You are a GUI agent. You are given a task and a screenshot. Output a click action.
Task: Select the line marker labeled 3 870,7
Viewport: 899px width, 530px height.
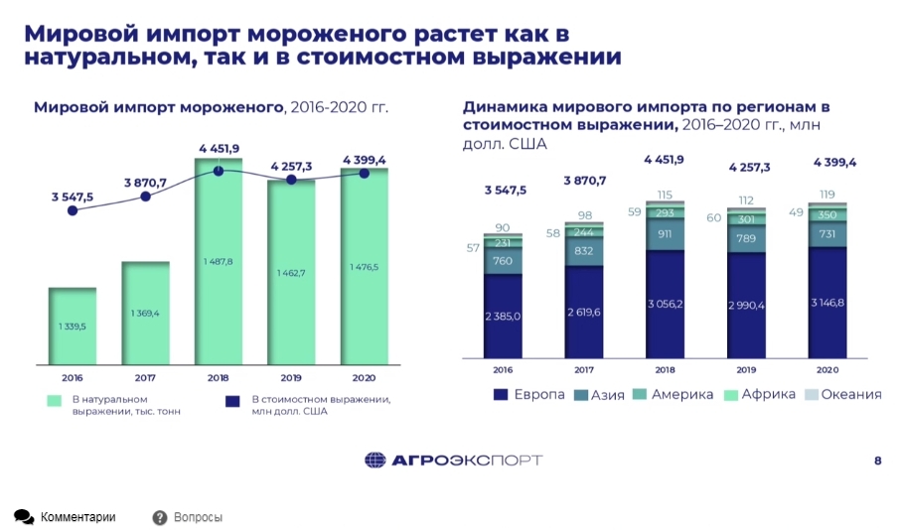coord(146,197)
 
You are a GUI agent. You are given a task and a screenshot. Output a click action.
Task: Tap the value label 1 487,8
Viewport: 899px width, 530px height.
coord(218,261)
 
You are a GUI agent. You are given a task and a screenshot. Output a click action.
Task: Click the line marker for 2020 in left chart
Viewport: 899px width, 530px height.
coord(365,174)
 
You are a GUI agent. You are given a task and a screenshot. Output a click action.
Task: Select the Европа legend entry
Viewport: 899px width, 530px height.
coord(529,395)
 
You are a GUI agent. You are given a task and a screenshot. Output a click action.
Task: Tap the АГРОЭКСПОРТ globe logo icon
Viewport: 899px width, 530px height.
coord(375,460)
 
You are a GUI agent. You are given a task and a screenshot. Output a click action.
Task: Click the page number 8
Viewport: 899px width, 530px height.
coord(877,460)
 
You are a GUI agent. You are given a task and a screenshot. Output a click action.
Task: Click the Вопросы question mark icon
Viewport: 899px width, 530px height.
coord(160,517)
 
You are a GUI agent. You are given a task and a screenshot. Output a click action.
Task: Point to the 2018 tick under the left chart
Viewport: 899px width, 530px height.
coord(219,377)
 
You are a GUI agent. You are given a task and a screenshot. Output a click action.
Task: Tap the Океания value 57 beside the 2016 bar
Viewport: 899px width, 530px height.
coord(474,248)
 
